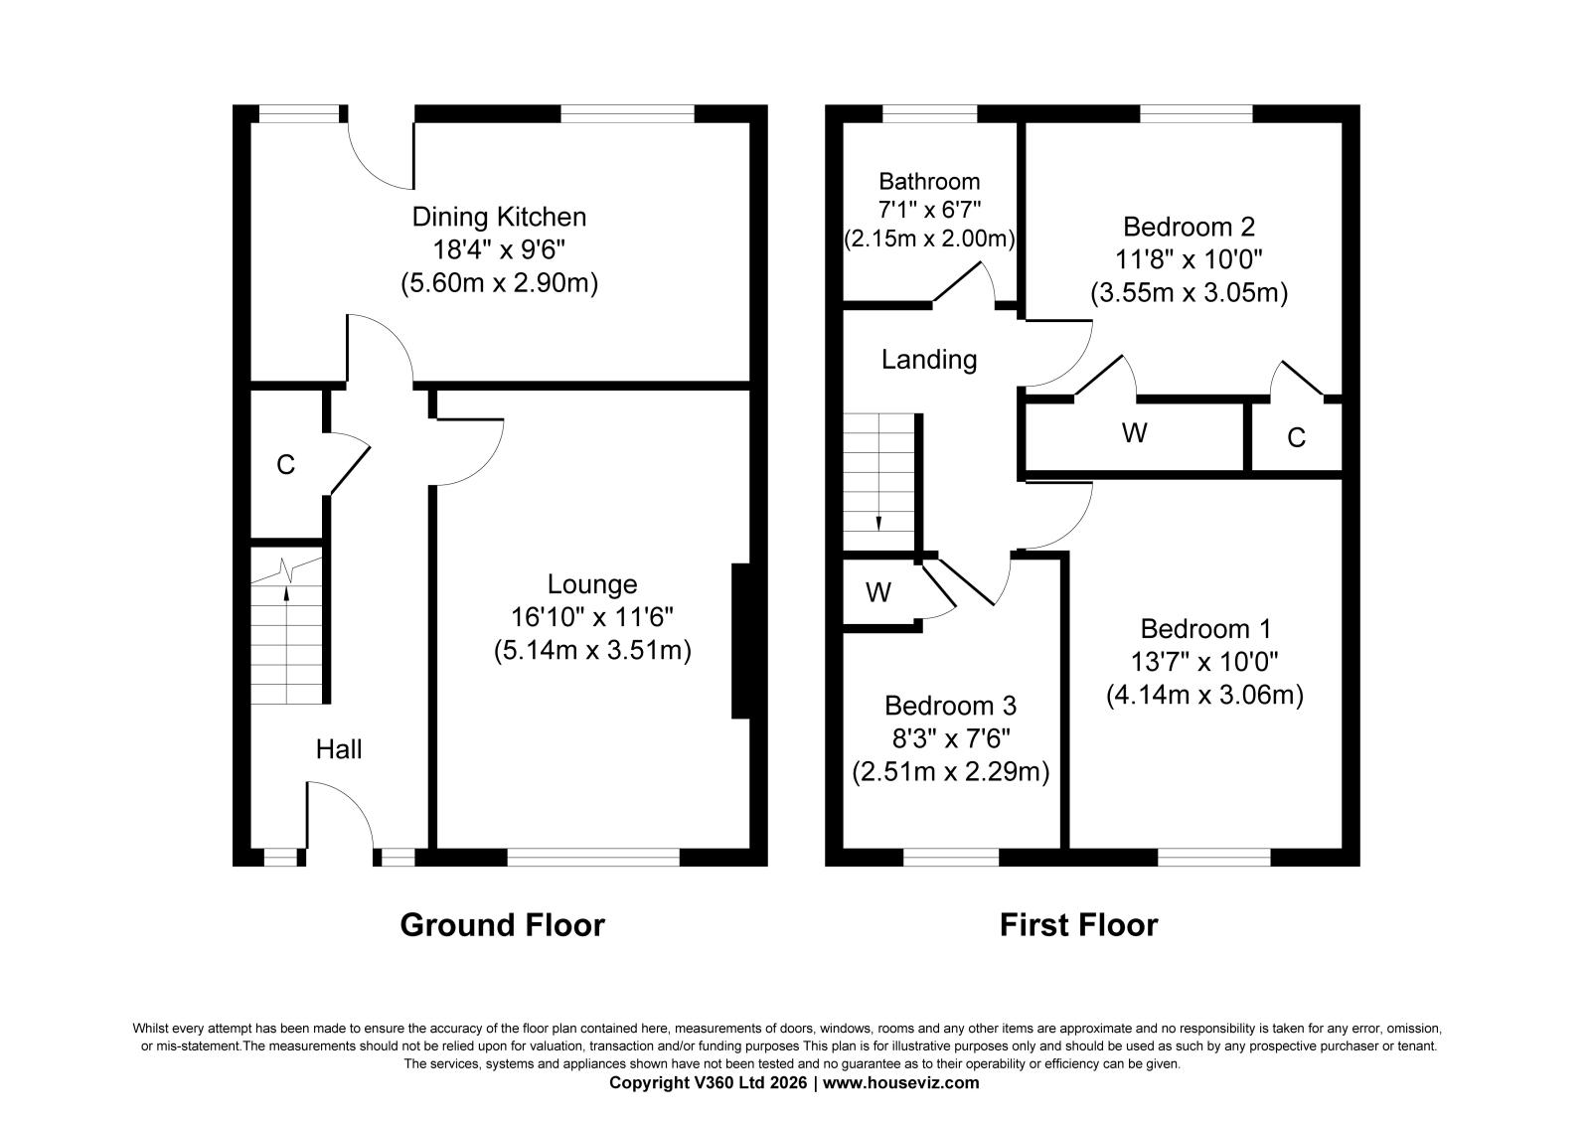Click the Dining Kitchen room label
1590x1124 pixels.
499,217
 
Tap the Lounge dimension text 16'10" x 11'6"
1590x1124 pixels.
592,617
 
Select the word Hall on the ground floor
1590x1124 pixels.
339,749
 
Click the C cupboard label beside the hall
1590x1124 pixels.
285,464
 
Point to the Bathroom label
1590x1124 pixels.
929,181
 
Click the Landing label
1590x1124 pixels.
929,360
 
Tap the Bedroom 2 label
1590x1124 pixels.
1189,227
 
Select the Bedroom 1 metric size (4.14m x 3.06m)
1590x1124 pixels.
1204,695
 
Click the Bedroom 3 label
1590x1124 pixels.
950,705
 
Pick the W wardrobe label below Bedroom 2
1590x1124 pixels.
1134,432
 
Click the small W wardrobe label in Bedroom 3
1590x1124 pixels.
878,592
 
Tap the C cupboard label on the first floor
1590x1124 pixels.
1296,437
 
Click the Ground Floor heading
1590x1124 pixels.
503,925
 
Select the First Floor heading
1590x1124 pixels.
1079,925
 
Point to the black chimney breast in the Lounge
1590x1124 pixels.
740,641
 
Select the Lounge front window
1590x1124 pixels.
593,857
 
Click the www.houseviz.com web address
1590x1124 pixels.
900,1083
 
